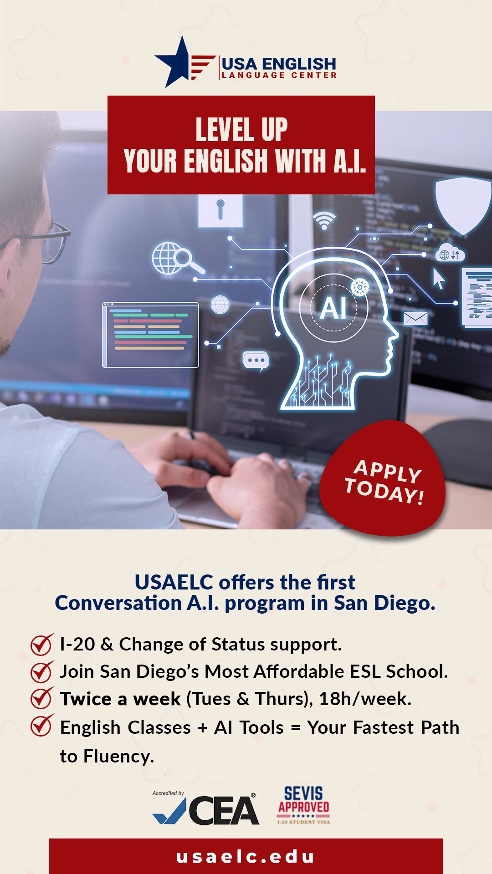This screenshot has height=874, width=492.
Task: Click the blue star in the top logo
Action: (175, 64)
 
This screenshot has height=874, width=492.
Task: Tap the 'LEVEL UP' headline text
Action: (241, 130)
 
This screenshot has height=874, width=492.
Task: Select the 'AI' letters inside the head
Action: (333, 308)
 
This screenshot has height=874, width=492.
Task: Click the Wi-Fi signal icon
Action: (324, 220)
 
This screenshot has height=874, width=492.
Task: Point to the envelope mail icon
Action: (415, 319)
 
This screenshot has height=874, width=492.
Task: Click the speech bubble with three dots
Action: (256, 361)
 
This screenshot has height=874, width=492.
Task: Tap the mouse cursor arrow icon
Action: (438, 278)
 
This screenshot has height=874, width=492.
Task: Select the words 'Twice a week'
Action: (120, 699)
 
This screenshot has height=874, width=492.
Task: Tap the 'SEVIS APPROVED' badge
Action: (303, 805)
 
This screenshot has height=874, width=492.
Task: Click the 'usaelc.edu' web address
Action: (246, 857)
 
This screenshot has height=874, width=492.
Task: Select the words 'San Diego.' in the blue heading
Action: (384, 603)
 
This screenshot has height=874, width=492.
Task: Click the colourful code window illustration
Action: (150, 335)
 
